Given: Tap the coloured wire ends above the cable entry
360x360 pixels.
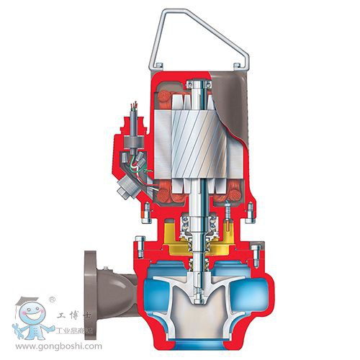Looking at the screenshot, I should pyautogui.click(x=134, y=111).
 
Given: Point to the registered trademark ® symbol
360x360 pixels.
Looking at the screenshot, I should pyautogui.click(x=52, y=297).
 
